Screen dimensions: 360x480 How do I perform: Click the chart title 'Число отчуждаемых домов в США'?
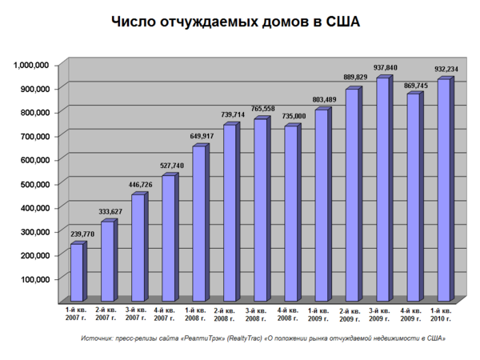(x=236, y=22)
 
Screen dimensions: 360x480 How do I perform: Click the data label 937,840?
(x=386, y=67)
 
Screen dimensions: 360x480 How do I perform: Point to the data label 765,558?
(x=263, y=108)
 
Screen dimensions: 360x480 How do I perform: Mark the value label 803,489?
(x=324, y=99)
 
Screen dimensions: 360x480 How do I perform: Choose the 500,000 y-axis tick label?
(x=36, y=184)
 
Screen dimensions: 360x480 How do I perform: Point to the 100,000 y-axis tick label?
(x=36, y=279)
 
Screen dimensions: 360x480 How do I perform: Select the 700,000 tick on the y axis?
(x=36, y=136)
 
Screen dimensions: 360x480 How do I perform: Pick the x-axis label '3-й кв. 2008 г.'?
(x=260, y=314)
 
